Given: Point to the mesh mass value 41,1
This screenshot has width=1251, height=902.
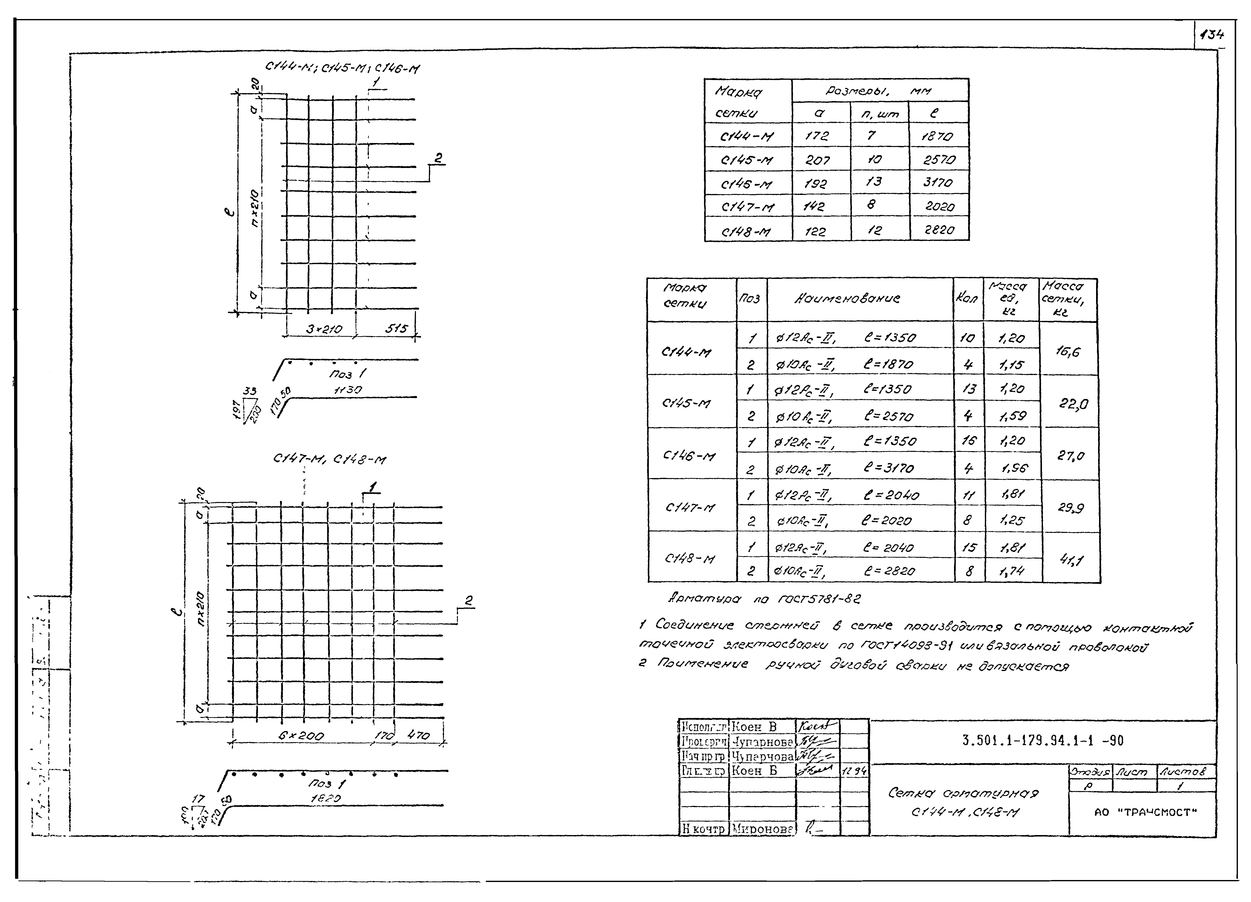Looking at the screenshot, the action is coord(1071,561).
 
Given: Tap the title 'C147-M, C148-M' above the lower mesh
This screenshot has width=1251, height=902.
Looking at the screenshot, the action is coord(329,459).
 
